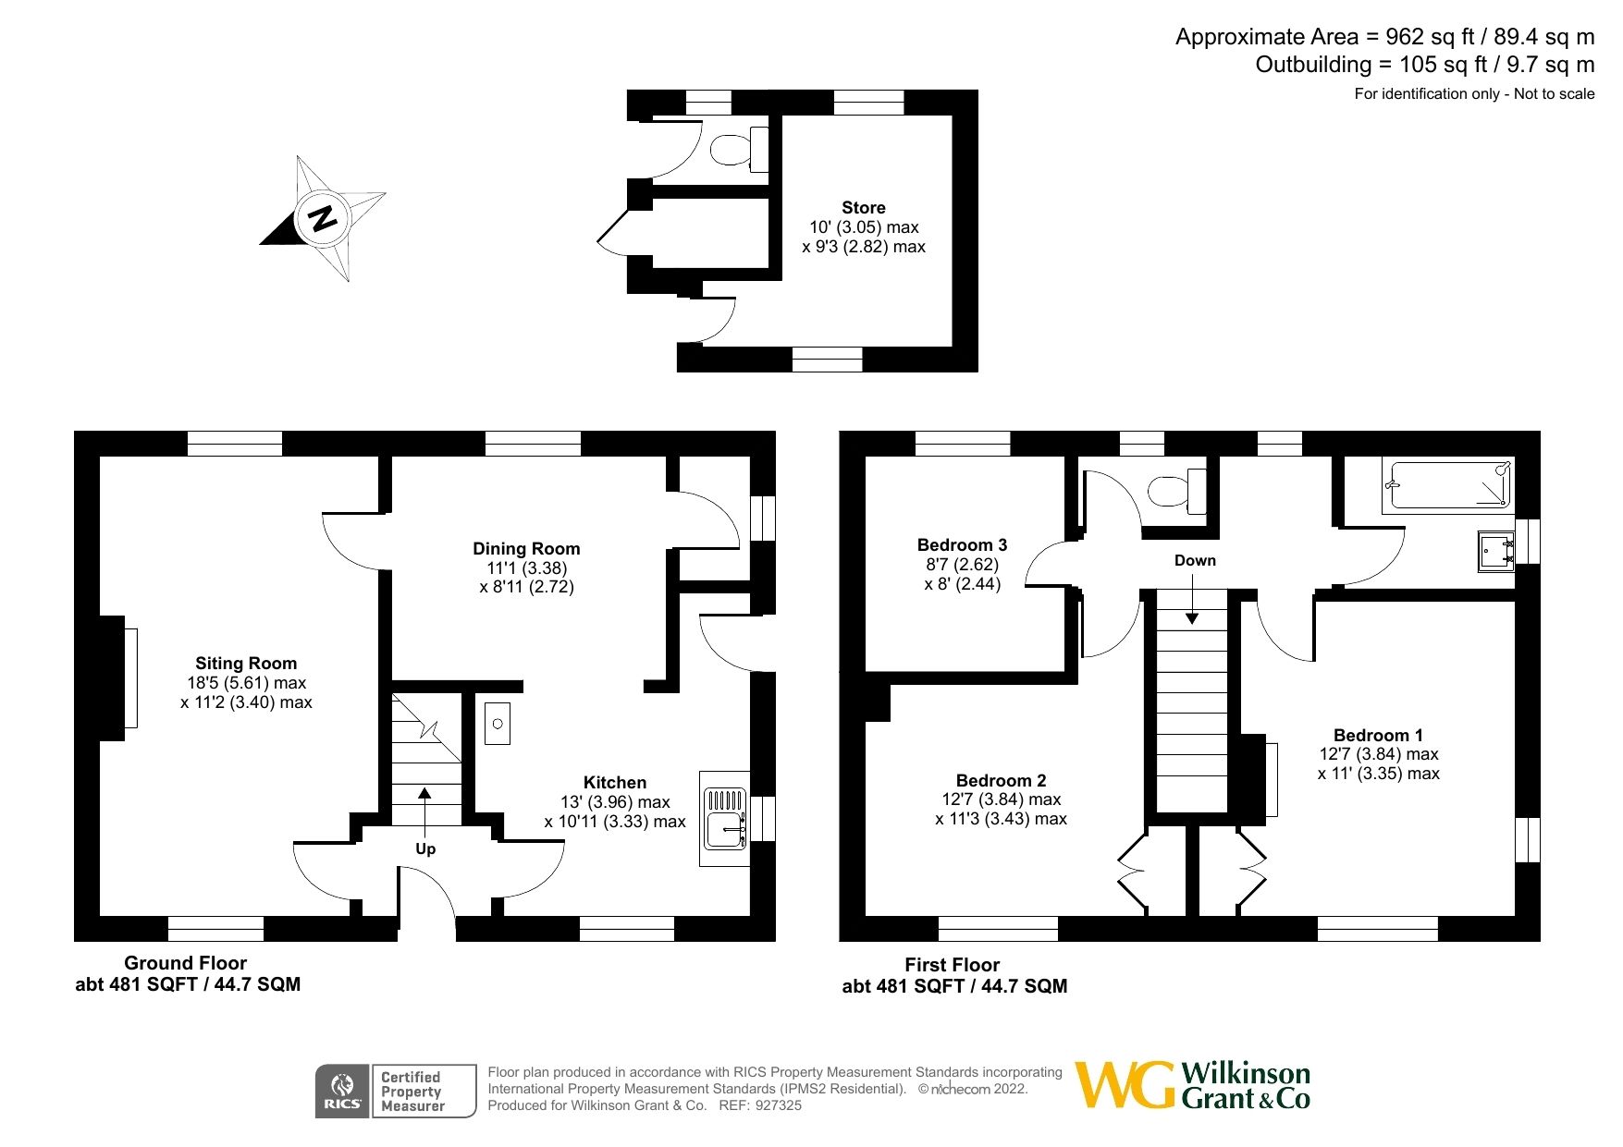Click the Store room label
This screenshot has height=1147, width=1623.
pyautogui.click(x=863, y=208)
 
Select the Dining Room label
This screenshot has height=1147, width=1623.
pyautogui.click(x=526, y=549)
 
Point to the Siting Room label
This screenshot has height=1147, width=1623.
pyautogui.click(x=246, y=664)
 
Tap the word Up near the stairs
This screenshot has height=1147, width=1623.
pyautogui.click(x=425, y=848)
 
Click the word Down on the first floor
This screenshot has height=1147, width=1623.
pyautogui.click(x=1195, y=561)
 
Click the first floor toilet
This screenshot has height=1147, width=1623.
pyautogui.click(x=1174, y=490)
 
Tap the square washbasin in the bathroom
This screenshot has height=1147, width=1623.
pyautogui.click(x=1494, y=552)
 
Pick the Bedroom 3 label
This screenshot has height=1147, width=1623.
pyautogui.click(x=962, y=545)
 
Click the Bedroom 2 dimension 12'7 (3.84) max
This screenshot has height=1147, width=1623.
pyautogui.click(x=1001, y=799)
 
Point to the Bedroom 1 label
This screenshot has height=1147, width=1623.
pyautogui.click(x=1378, y=736)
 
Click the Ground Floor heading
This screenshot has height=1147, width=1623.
pyautogui.click(x=185, y=963)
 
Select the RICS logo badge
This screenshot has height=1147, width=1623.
pyautogui.click(x=342, y=1092)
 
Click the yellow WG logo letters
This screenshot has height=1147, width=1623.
pyautogui.click(x=1124, y=1085)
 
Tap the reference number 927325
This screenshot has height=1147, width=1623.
pyautogui.click(x=779, y=1105)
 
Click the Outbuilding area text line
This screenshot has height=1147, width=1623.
pyautogui.click(x=1424, y=65)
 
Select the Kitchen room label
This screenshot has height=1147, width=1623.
pyautogui.click(x=614, y=783)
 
